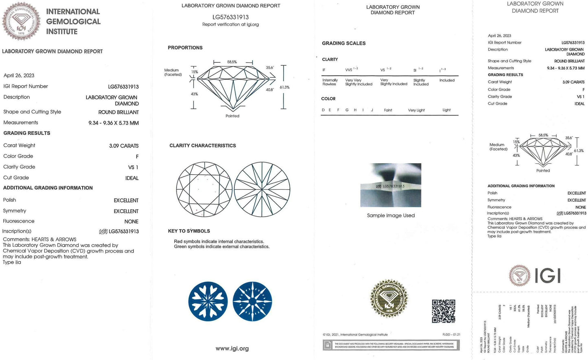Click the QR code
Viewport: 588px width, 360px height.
(x=443, y=311)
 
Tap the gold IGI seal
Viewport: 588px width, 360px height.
(x=389, y=299)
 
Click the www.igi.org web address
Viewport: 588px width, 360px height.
(x=232, y=349)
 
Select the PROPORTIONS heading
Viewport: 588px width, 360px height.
(x=185, y=48)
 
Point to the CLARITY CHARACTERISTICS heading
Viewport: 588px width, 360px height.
(x=203, y=145)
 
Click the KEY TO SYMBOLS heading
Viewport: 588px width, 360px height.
(x=189, y=231)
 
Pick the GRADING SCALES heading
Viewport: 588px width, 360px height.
(x=344, y=43)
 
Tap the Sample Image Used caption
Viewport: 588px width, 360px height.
(x=391, y=215)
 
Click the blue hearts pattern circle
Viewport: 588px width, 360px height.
(x=208, y=301)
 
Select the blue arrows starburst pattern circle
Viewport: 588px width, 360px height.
(x=252, y=301)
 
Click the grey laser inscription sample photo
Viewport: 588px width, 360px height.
(x=391, y=185)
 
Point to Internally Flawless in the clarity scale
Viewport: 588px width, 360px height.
(x=330, y=82)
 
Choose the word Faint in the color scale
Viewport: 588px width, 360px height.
(x=388, y=110)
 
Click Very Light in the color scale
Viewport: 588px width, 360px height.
(x=416, y=110)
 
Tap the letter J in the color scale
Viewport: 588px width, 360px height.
(x=372, y=110)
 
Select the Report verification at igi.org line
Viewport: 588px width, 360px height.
(x=230, y=24)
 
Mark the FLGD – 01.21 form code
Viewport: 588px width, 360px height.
(x=451, y=335)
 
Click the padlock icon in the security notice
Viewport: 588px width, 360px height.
(x=327, y=345)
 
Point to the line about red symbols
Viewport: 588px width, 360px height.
(x=219, y=241)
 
